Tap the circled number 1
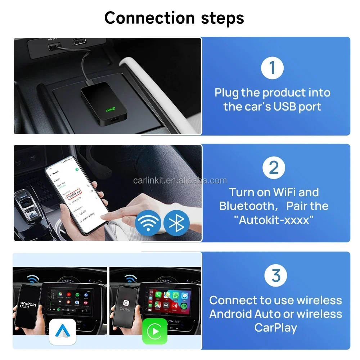pos(272,68)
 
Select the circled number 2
pos(274,168)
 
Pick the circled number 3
pos(275,275)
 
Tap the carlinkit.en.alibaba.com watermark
pos(180,180)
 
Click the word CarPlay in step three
pos(276,328)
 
